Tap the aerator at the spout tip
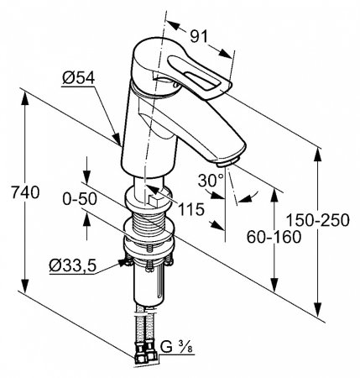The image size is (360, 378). [229, 158]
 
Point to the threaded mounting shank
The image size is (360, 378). [149, 224]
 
